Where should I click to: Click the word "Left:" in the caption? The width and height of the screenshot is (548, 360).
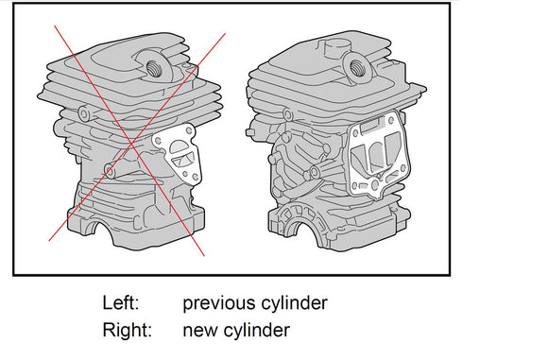[121, 302]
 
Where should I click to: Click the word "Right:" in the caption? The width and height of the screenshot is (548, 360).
[128, 330]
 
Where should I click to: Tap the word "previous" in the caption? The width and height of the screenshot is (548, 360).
[219, 303]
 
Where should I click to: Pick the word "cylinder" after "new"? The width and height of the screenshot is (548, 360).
[257, 330]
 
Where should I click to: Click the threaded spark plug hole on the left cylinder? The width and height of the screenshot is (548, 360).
[152, 69]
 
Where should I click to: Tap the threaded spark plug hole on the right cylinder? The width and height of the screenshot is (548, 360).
[356, 68]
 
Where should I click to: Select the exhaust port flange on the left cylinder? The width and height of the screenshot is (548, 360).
[179, 154]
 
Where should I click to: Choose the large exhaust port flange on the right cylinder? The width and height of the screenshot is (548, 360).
[378, 154]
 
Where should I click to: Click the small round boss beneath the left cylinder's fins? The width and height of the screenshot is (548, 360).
[84, 113]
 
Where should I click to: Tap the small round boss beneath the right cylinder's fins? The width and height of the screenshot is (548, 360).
[288, 114]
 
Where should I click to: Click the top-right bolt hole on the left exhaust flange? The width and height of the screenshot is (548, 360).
[189, 130]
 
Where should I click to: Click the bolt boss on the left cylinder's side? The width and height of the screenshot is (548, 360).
[111, 171]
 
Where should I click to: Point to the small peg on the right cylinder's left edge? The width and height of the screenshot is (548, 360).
[249, 132]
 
